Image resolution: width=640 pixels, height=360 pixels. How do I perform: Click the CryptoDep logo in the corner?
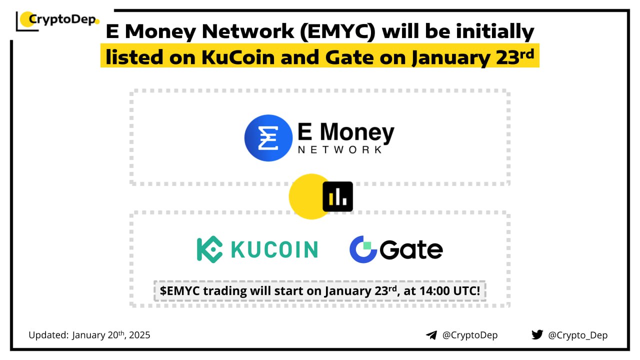57,20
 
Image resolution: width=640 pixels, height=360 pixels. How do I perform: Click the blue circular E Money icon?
268,138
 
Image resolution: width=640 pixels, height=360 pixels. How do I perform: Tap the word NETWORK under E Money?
340,149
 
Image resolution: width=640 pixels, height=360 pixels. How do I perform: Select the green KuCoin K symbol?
209,249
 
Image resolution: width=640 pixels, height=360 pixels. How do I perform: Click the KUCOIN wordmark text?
274,249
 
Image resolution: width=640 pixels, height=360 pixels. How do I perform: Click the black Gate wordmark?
411,249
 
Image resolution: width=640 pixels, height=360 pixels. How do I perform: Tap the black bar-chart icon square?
337,196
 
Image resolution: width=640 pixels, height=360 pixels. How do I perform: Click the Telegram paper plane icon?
431,335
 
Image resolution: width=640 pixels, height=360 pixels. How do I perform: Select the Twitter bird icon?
537,334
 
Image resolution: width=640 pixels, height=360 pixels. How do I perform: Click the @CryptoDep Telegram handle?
470,335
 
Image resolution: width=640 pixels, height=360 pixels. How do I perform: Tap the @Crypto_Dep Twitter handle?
577,335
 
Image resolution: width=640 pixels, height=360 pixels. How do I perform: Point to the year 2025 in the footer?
139,335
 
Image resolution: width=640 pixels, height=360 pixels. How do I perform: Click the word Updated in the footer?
48,335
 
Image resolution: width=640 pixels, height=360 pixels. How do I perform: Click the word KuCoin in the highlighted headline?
238,57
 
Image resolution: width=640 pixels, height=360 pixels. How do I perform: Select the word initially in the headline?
495,31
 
